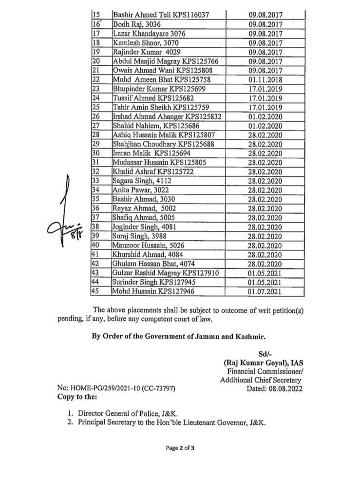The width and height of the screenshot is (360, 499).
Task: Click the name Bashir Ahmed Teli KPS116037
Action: coord(161,16)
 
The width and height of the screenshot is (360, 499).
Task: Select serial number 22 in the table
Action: coord(96,79)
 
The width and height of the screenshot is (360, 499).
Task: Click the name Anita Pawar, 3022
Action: coord(138,190)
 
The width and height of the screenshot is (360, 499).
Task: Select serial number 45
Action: coord(96,291)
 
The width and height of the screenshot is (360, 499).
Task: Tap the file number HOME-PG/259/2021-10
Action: coord(116,389)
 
